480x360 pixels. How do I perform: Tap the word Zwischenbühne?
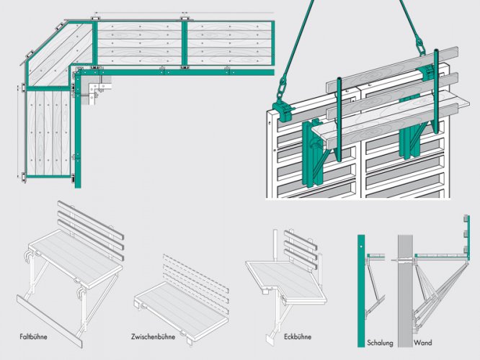(154, 336)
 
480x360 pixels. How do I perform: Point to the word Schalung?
(380, 342)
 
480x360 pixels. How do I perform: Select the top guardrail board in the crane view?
(396, 68)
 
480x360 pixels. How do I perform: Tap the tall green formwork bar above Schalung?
(361, 288)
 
